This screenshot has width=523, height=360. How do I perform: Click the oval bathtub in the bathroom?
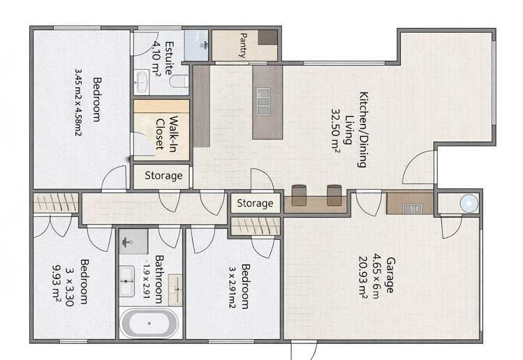pyautogui.click(x=149, y=324)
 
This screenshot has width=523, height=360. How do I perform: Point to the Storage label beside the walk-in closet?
pyautogui.click(x=163, y=176)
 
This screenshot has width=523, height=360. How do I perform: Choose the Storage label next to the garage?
pyautogui.click(x=255, y=204)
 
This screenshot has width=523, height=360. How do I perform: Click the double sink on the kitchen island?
pyautogui.click(x=264, y=101)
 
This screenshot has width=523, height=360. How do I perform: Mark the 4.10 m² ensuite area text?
pyautogui.click(x=157, y=59)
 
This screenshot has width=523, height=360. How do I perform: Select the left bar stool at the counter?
pyautogui.click(x=300, y=196)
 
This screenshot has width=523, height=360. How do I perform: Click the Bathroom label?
pyautogui.click(x=160, y=279)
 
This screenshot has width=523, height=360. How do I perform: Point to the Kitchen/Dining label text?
pyautogui.click(x=363, y=129)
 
